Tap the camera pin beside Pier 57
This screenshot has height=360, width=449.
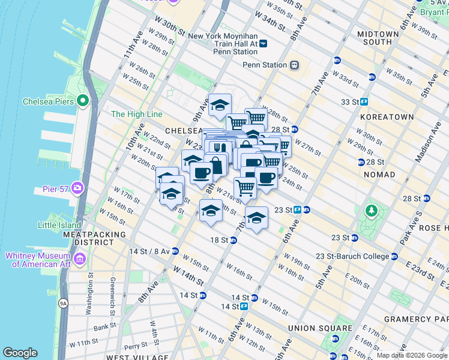pos(77,189)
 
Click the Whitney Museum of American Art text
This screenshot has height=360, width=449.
pos(38,260)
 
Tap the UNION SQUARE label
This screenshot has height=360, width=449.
pos(320,328)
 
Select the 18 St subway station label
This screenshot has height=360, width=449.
pos(219,240)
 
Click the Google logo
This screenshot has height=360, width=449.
pos(20,353)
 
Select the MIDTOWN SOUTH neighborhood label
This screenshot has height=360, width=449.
pos(378,38)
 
